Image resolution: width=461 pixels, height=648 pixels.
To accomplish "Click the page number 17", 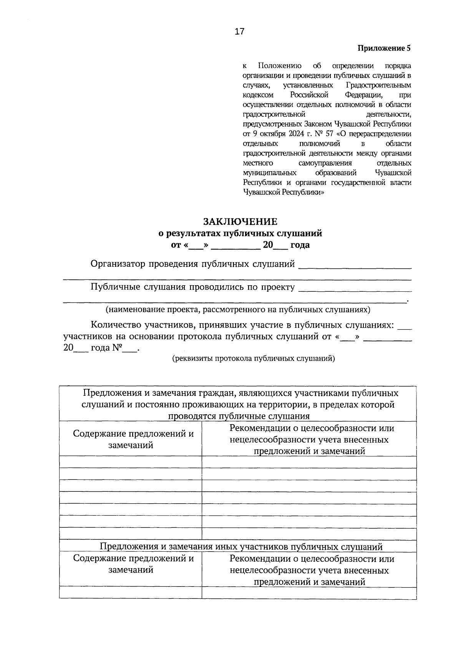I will [x=239, y=32].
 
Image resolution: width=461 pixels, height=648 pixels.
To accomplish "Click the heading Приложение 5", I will [x=384, y=48].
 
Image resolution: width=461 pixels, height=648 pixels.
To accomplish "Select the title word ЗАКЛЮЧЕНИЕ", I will [x=240, y=222].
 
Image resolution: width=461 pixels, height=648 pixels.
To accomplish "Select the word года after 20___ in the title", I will [x=300, y=245].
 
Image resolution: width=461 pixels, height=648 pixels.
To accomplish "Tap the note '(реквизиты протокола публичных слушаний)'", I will [x=253, y=359].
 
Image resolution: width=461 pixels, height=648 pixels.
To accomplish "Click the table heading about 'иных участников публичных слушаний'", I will [x=241, y=547].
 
